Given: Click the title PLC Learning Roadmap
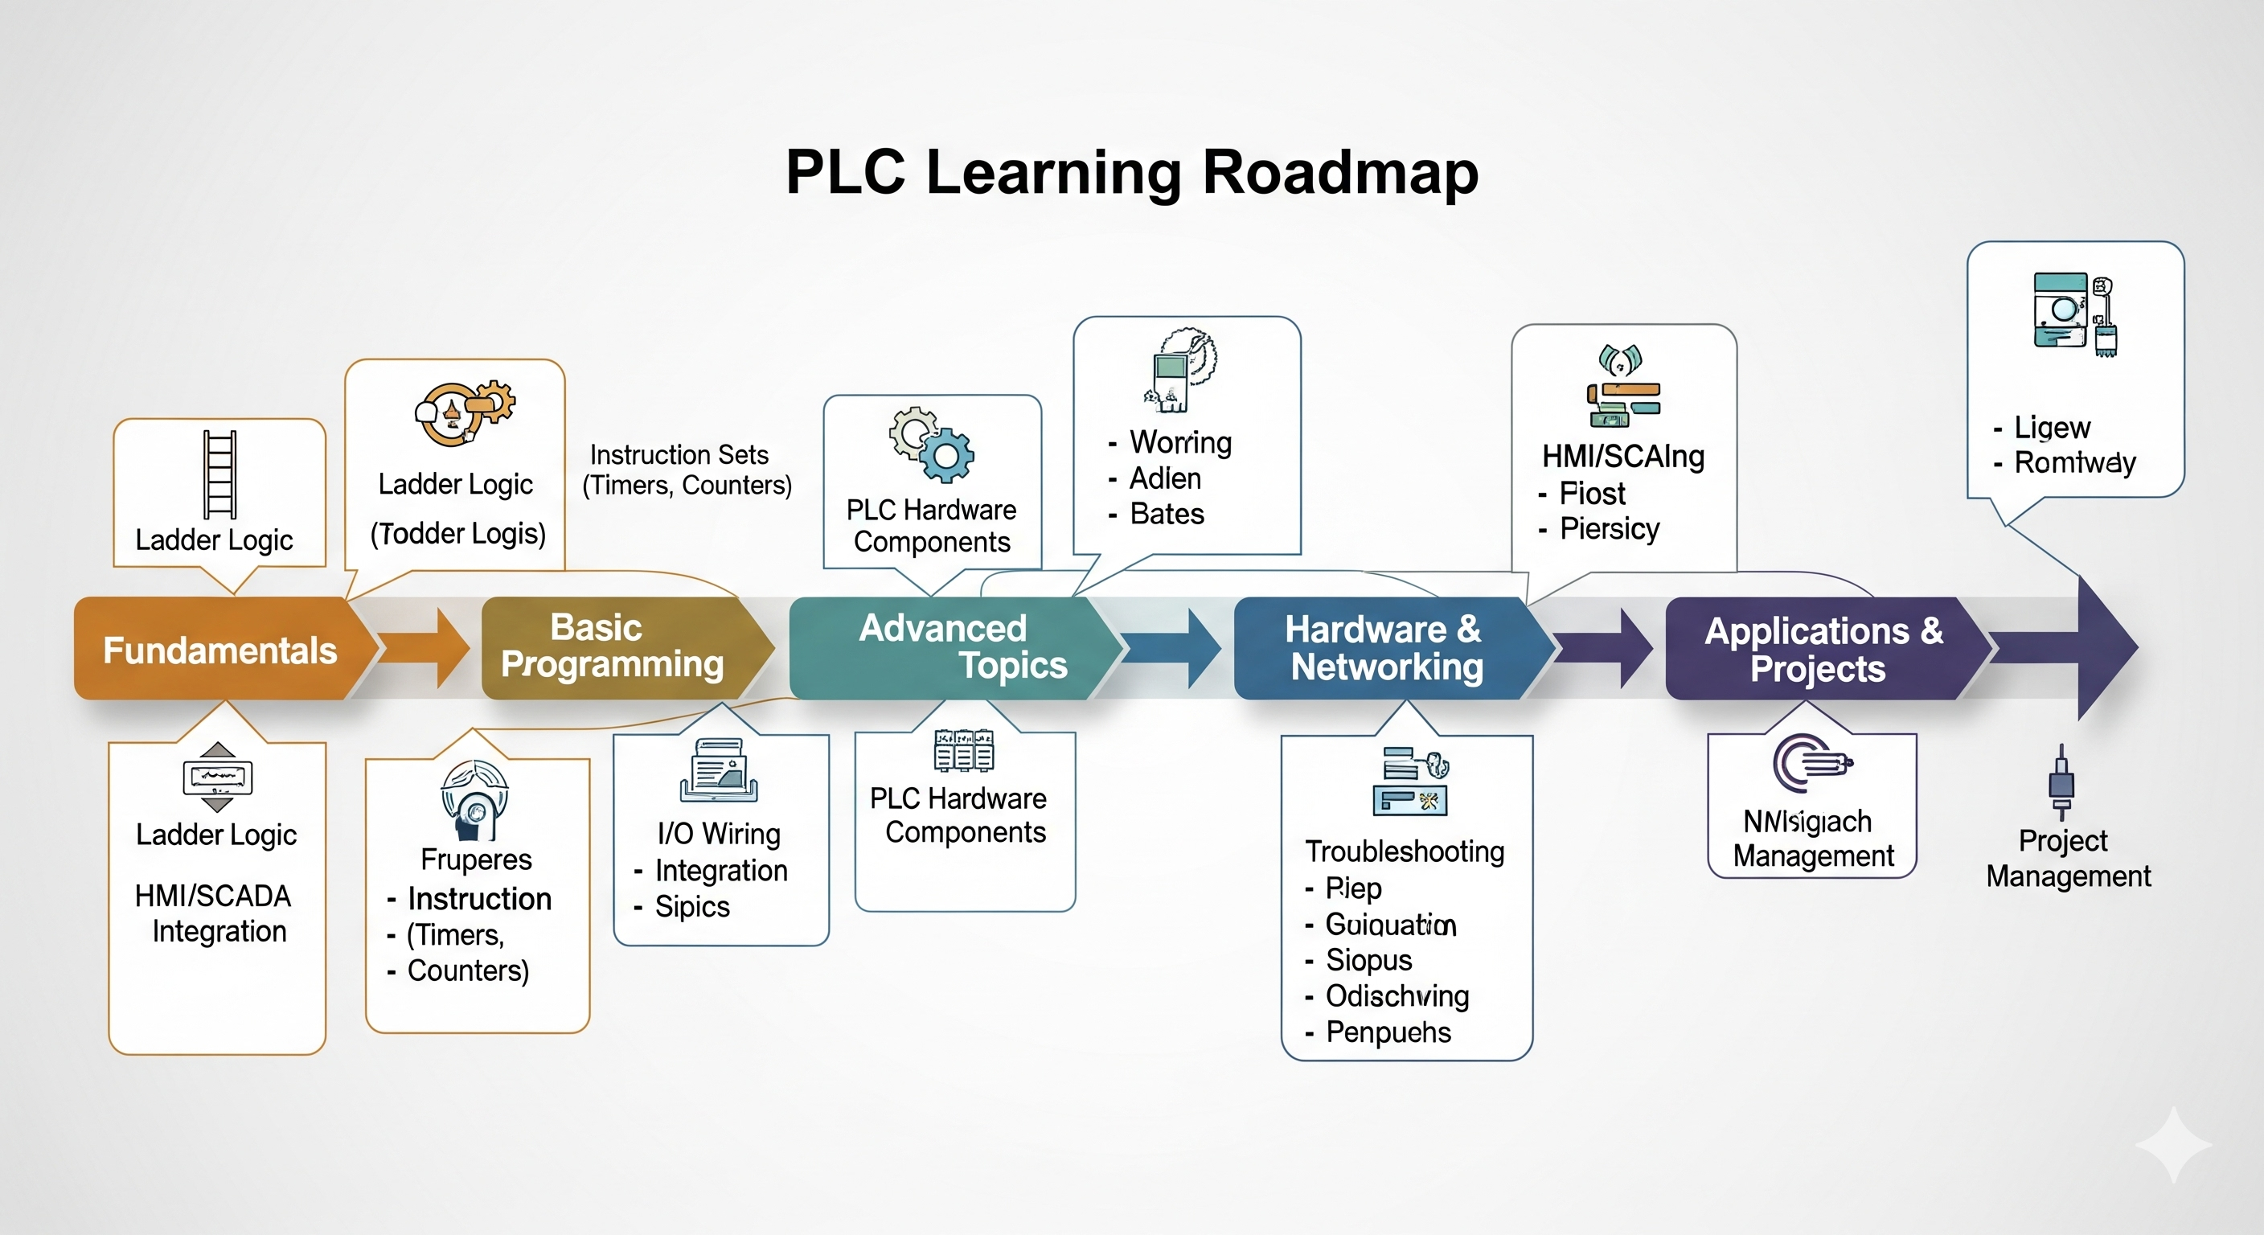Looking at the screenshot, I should point(1132,171).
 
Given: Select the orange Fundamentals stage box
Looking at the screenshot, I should point(219,650).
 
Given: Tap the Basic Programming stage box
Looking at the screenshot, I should point(613,646).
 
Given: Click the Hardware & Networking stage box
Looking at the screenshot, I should point(1384,648).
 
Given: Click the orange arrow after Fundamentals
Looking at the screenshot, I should point(426,648).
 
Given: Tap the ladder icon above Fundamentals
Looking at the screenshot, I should point(219,474).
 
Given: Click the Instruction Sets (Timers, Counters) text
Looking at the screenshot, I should point(687,470).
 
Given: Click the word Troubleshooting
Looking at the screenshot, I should point(1405,851).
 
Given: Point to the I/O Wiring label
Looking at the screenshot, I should point(719,833).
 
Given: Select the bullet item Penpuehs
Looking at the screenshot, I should point(1388,1032).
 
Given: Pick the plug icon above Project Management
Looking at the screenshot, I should point(2061,782).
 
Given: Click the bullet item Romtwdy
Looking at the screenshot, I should point(2074,462).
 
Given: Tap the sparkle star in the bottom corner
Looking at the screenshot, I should point(2172,1144).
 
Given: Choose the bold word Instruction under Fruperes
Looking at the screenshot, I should point(479,898).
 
